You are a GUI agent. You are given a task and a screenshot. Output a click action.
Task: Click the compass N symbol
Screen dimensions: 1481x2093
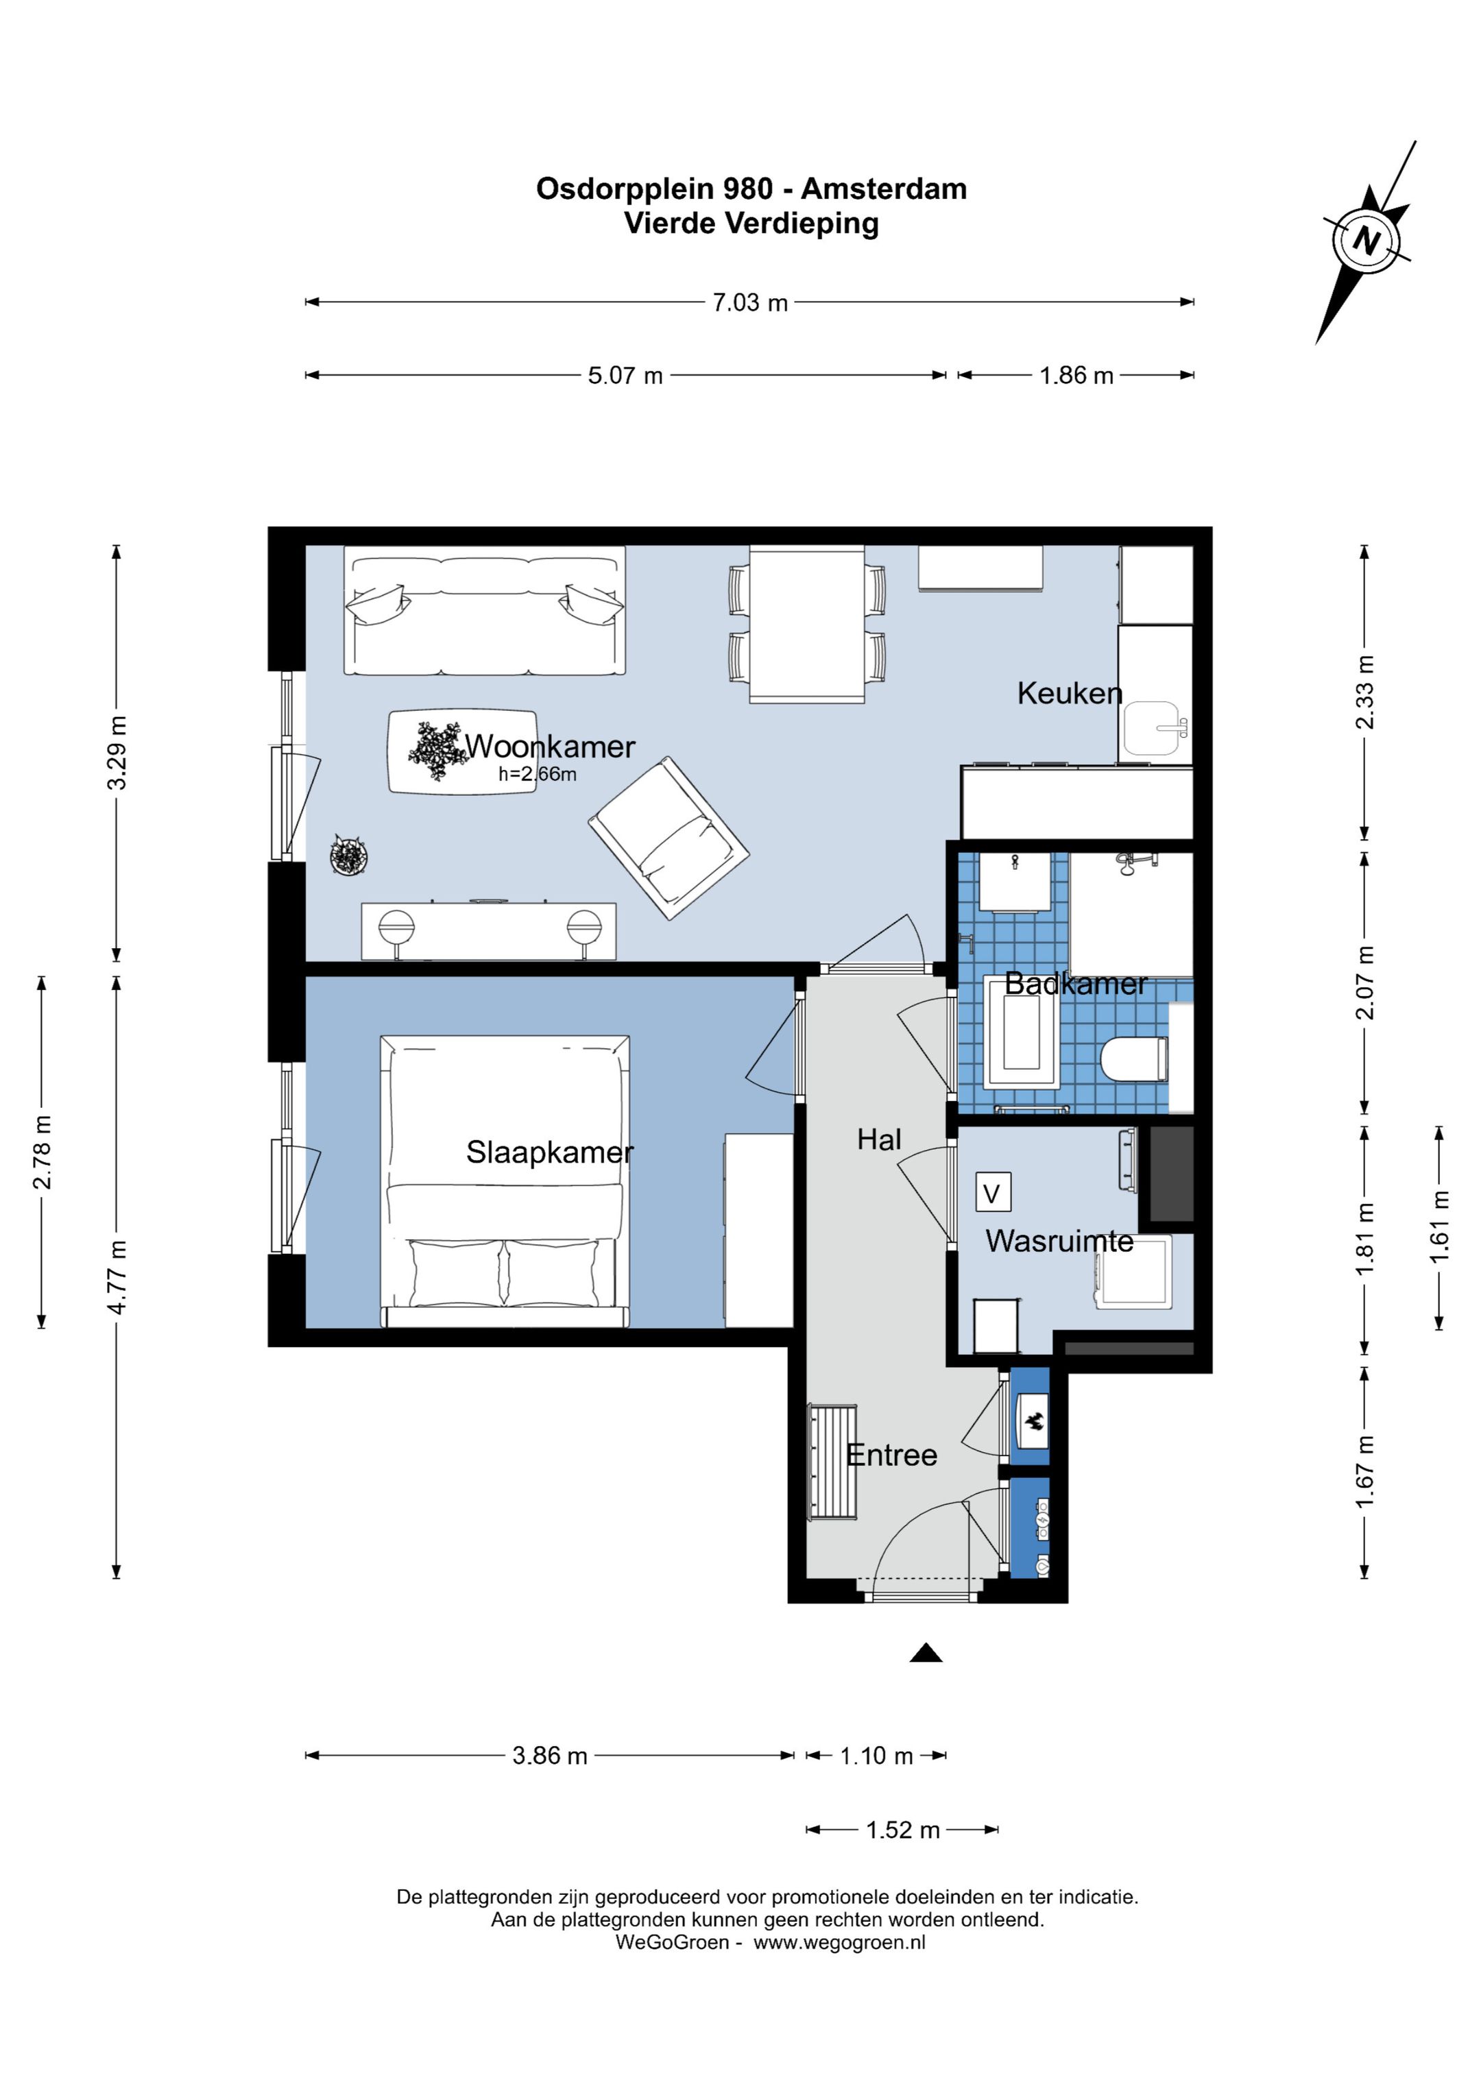click(1366, 241)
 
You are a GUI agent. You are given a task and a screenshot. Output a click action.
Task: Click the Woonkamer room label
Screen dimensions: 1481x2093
click(550, 747)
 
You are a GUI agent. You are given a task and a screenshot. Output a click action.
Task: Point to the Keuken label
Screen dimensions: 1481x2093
click(1070, 693)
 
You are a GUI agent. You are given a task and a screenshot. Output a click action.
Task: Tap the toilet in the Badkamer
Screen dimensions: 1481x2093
click(1133, 1059)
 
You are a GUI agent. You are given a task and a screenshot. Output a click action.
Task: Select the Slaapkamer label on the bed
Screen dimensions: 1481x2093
click(550, 1152)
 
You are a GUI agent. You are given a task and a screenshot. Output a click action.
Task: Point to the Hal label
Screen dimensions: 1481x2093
click(879, 1139)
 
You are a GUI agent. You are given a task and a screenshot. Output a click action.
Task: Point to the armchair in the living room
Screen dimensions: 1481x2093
click(669, 838)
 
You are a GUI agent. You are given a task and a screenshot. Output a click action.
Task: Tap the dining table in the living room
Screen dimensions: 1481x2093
click(807, 625)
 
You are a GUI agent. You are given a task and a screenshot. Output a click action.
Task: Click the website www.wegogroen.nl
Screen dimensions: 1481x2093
click(839, 1943)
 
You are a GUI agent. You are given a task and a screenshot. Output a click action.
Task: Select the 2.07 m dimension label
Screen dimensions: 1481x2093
click(1364, 982)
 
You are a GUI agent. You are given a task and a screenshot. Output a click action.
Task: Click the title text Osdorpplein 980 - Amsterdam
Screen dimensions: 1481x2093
click(751, 189)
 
